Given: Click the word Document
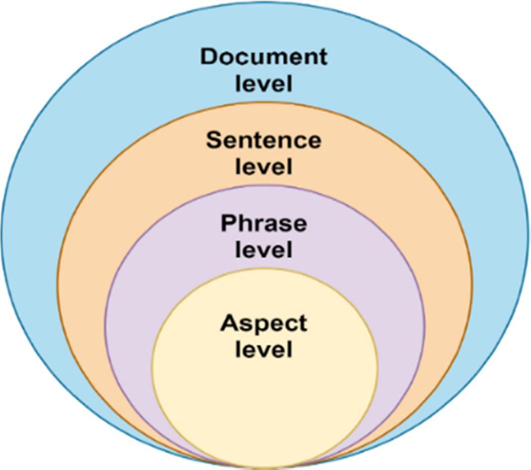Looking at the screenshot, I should tap(264, 57).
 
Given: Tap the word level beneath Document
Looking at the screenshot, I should tap(264, 83).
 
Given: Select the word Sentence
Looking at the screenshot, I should tap(264, 140).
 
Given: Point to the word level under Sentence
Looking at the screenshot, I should tap(264, 166).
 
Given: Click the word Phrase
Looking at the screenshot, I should tap(264, 224).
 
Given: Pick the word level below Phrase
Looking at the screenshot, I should tap(264, 249).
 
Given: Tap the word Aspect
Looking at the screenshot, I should tap(264, 324).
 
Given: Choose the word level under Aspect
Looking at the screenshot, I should tap(264, 350).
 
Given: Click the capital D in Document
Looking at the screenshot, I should tap(210, 57).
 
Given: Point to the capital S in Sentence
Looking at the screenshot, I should tap(214, 140).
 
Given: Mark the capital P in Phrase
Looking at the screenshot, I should tap(228, 223).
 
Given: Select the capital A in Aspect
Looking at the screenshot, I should tap(229, 323).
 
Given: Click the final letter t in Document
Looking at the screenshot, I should tap(323, 57).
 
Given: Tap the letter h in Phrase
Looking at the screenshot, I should tap(245, 223).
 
